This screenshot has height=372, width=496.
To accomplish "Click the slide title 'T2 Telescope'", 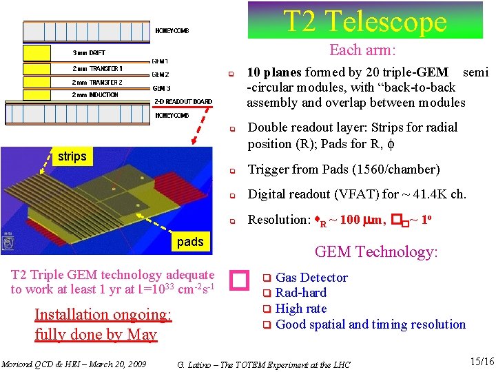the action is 365,21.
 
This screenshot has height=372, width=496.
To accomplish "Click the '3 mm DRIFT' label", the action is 90,53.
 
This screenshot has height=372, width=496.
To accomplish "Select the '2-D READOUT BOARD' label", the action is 183,102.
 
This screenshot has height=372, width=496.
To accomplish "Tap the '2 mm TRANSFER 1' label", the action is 97,68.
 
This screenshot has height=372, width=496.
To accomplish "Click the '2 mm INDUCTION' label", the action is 95,95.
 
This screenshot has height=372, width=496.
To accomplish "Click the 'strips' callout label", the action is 72,156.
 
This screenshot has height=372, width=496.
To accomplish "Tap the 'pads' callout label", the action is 190,241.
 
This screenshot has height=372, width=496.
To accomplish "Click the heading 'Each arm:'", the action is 362,50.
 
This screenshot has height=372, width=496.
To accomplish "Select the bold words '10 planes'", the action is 273,72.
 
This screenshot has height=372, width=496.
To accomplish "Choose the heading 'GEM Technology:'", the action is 376,252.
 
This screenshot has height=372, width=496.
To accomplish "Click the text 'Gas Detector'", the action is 311,278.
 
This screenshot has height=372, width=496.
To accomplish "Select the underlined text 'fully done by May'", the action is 96,335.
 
